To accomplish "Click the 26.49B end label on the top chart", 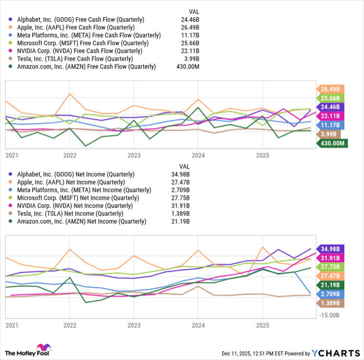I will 331,88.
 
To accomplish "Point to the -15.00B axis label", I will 329,315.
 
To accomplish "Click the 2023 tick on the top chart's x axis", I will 134,155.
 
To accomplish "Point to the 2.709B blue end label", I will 331,294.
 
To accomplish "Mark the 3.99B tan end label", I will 331,134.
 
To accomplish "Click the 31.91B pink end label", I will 331,258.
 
